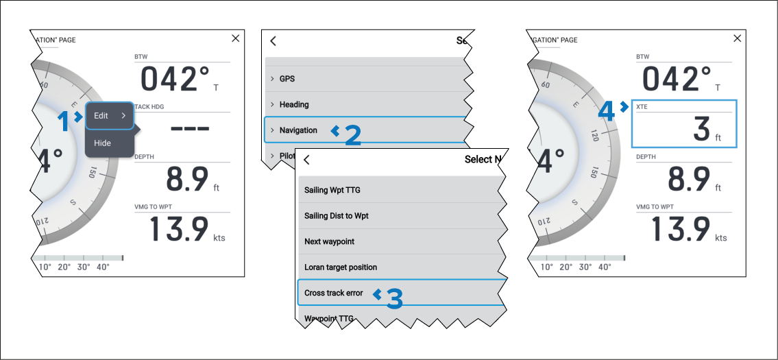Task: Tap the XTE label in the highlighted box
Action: click(x=642, y=107)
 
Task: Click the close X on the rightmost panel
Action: click(x=738, y=38)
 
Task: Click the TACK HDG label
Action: click(x=149, y=107)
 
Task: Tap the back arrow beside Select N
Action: click(x=306, y=160)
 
